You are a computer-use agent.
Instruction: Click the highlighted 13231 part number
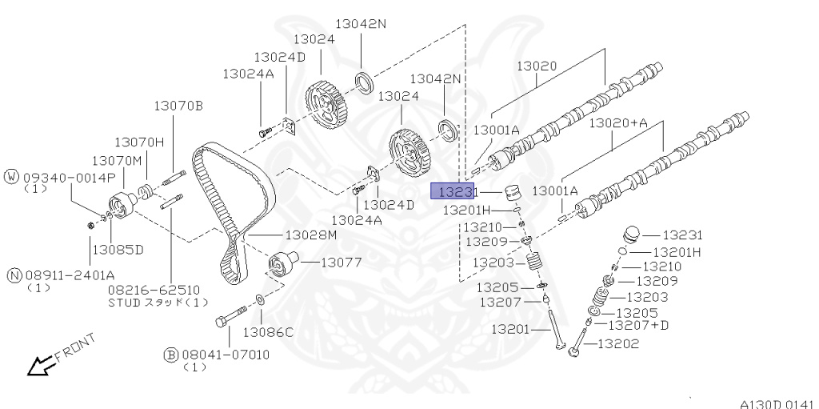coord(453,191)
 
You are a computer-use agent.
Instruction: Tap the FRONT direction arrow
coord(38,366)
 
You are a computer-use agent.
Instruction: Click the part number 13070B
coord(178,105)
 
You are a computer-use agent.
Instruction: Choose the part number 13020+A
coord(618,123)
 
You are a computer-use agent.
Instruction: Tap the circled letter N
coord(13,275)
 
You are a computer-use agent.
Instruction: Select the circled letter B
coord(170,354)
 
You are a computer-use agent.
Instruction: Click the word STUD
coord(124,303)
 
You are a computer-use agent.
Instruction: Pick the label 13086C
coord(268,331)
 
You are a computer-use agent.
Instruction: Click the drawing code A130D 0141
coord(775,402)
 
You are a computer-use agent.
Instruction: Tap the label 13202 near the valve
coord(624,344)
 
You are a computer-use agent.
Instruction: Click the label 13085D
coord(117,250)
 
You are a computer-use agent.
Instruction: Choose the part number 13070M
coord(115,161)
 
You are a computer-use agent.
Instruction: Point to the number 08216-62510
coord(154,289)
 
